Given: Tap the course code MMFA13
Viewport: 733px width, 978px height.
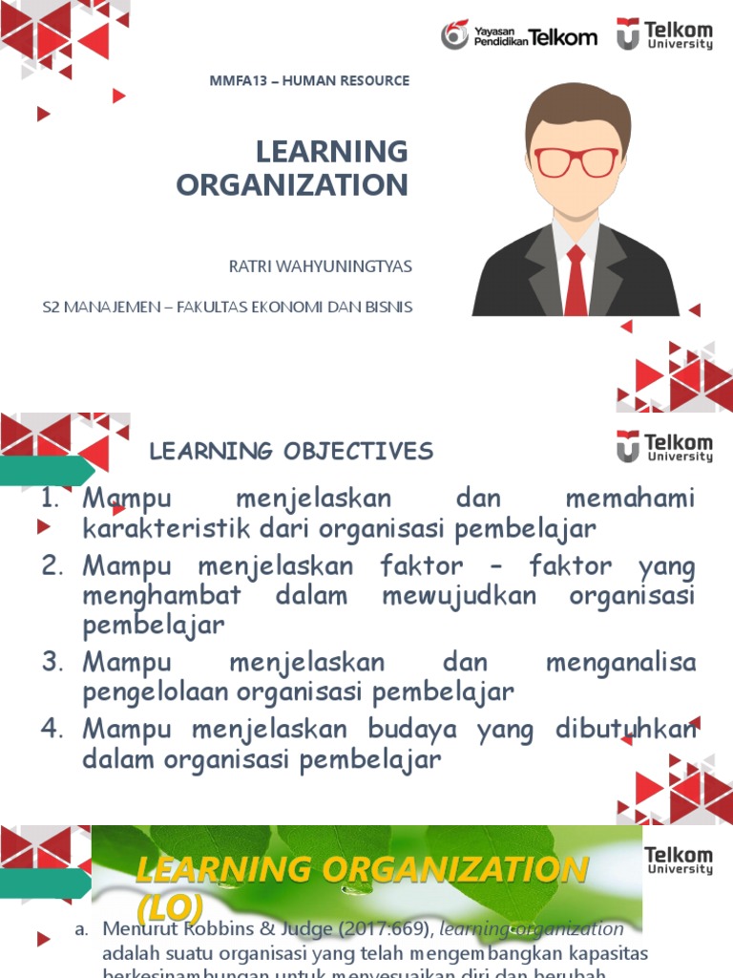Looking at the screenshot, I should (x=237, y=81).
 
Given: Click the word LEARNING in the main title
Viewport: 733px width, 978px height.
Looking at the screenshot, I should (x=331, y=152).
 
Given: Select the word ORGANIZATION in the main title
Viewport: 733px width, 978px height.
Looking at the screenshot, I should (x=292, y=184).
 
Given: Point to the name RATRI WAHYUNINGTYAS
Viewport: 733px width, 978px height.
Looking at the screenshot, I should (x=321, y=266).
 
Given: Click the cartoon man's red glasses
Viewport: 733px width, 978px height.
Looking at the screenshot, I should (x=576, y=161).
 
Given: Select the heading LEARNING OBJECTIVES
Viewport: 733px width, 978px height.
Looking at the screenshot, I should (x=291, y=451).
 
